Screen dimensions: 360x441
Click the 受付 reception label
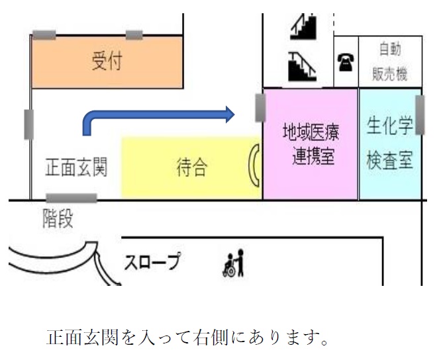tap(107, 63)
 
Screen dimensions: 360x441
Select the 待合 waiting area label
tap(191, 168)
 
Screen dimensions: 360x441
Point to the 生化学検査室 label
tap(390, 145)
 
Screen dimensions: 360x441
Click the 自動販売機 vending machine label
tap(389, 62)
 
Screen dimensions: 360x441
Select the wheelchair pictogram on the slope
tap(234, 263)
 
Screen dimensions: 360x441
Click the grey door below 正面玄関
tap(71, 198)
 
